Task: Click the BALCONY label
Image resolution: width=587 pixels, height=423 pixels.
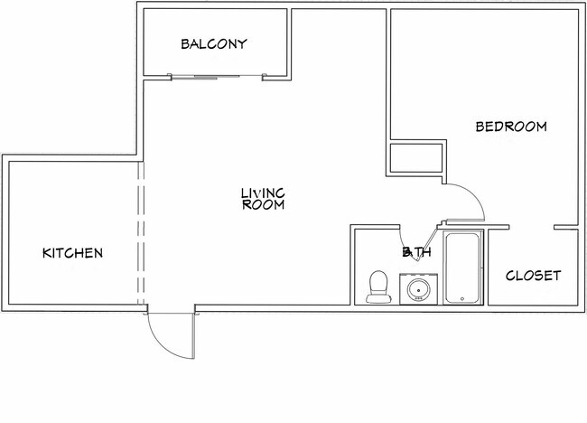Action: pyautogui.click(x=214, y=44)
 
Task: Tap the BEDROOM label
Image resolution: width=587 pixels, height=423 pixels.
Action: pyautogui.click(x=511, y=127)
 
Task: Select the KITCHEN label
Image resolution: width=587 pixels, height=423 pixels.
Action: pyautogui.click(x=73, y=253)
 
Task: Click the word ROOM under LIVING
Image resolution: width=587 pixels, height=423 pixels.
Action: pyautogui.click(x=263, y=205)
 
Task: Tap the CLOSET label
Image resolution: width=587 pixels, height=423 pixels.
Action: pyautogui.click(x=533, y=276)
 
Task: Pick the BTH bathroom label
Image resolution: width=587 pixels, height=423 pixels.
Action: pyautogui.click(x=417, y=252)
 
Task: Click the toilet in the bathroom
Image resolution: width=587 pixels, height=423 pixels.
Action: pyautogui.click(x=377, y=287)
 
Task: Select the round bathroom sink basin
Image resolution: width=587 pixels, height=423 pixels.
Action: pyautogui.click(x=417, y=290)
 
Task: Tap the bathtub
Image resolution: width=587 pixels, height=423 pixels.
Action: pyautogui.click(x=462, y=268)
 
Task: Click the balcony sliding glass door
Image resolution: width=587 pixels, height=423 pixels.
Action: pyautogui.click(x=217, y=77)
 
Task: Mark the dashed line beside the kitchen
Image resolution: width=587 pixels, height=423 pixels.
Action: pyautogui.click(x=140, y=235)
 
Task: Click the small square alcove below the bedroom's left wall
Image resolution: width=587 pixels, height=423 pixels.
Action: pyautogui.click(x=416, y=159)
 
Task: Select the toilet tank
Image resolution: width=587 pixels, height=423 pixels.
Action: pyautogui.click(x=377, y=276)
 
